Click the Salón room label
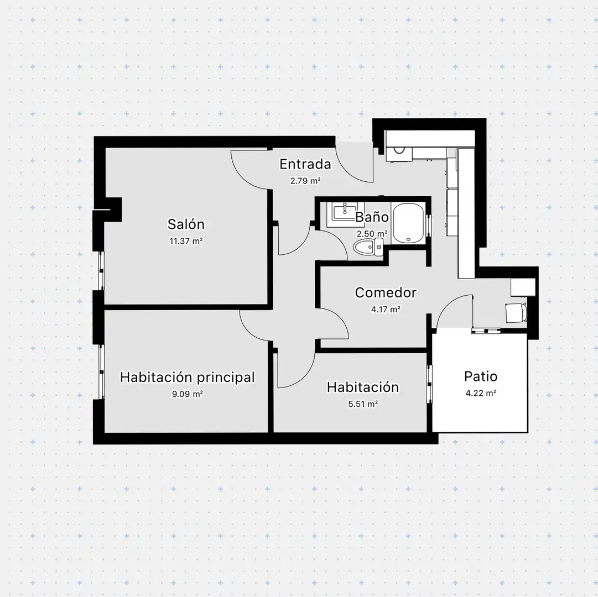click(x=186, y=224)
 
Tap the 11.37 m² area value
click(x=186, y=241)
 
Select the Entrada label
click(x=305, y=164)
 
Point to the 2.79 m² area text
click(x=305, y=181)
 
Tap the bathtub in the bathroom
click(x=408, y=223)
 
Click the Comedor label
click(x=386, y=292)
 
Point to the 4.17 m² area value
click(x=386, y=309)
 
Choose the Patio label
click(x=481, y=376)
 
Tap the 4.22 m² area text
click(x=481, y=393)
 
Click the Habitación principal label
click(x=188, y=377)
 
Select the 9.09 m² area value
click(x=188, y=394)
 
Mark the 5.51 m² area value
click(x=363, y=404)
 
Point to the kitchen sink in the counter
click(x=399, y=149)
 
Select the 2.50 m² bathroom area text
click(x=372, y=233)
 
